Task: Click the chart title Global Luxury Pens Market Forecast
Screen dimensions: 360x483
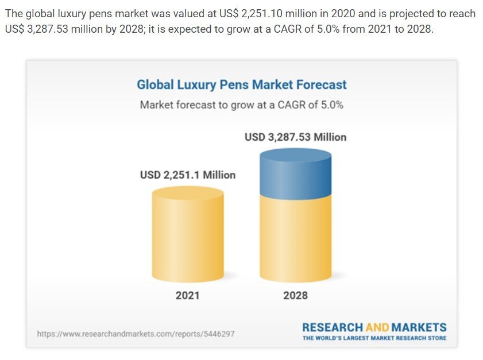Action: coord(241,85)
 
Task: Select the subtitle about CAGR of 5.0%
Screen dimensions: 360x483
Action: coord(241,105)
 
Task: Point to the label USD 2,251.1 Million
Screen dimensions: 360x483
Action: coord(188,175)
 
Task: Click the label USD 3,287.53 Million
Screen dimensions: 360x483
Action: coord(296,137)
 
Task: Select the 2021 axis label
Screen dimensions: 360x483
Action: coord(187,296)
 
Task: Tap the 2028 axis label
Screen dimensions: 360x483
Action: coord(296,296)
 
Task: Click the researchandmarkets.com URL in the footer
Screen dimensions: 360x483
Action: coord(136,334)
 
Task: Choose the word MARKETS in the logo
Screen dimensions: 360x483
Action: coord(419,327)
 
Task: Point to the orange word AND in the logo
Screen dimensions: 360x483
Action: coord(376,327)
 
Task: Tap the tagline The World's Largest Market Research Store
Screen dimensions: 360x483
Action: coord(374,338)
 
